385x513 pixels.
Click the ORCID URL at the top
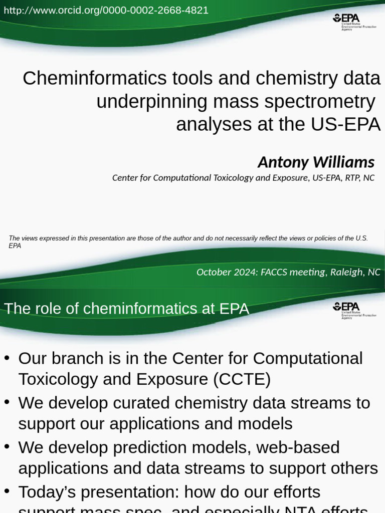[106, 10]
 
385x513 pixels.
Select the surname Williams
[344, 162]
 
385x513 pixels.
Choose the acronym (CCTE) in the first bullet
[242, 379]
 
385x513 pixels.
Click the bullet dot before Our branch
[7, 359]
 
